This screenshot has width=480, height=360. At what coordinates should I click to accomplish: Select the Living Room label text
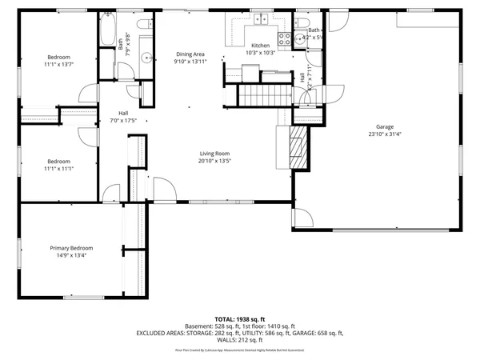[x=214, y=153]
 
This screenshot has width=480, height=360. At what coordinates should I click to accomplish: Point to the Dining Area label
[x=191, y=54]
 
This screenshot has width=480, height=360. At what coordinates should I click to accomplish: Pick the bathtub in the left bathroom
[x=107, y=30]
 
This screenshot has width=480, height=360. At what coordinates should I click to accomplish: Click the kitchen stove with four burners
[x=283, y=38]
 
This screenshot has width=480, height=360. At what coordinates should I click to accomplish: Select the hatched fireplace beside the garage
[x=298, y=146]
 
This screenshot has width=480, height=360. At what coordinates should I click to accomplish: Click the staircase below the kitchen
[x=258, y=97]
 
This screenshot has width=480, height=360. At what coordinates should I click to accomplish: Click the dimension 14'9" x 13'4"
[x=71, y=256]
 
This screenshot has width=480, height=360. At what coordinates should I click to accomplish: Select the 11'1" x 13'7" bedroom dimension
[x=59, y=65]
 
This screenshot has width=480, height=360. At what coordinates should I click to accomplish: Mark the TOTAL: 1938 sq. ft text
[x=239, y=318]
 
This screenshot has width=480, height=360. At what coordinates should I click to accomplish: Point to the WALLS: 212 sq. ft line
[x=239, y=340]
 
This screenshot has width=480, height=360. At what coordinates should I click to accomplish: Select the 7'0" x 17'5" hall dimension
[x=124, y=121]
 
